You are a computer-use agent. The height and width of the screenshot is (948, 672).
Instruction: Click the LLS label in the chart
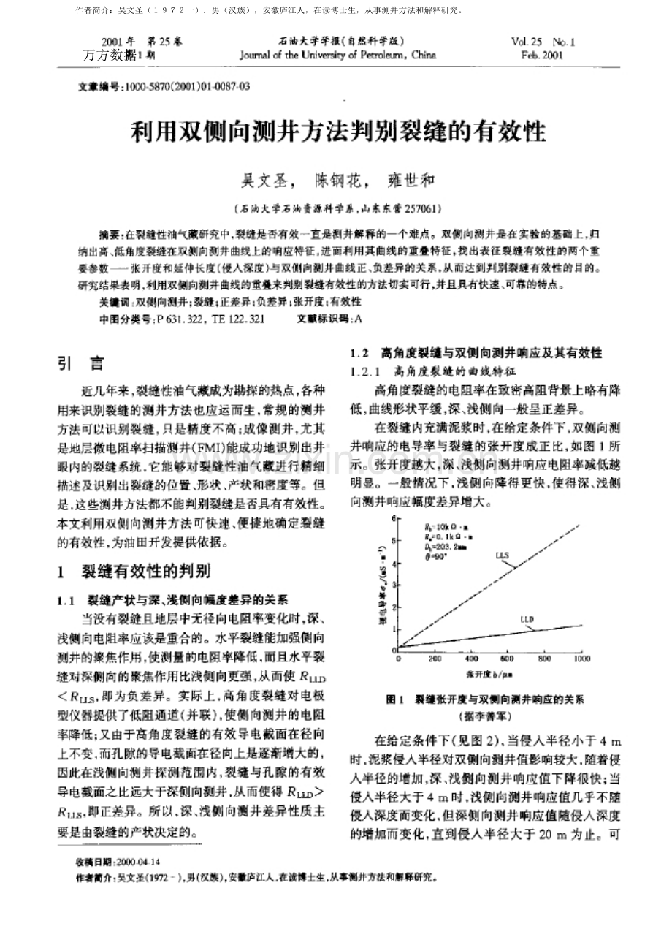click(x=502, y=556)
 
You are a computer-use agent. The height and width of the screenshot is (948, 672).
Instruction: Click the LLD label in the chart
click(x=527, y=619)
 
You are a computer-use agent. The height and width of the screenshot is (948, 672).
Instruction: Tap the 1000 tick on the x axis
click(x=581, y=658)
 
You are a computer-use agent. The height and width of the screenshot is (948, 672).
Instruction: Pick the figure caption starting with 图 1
click(x=485, y=699)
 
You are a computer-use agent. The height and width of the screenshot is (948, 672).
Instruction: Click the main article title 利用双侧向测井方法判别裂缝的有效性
click(x=338, y=132)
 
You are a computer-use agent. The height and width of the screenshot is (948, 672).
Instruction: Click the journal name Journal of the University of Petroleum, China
click(x=337, y=55)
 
